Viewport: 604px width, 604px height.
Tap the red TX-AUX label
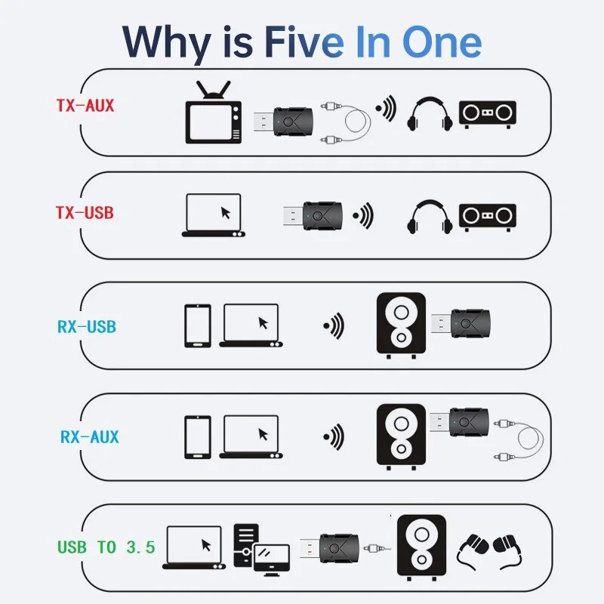click(x=85, y=105)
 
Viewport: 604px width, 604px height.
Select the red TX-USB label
click(x=85, y=212)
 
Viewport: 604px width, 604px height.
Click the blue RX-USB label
click(x=86, y=328)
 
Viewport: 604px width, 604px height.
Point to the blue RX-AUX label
click(x=89, y=436)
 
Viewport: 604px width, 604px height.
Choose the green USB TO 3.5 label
click(x=106, y=546)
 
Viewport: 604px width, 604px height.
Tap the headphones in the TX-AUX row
click(x=430, y=115)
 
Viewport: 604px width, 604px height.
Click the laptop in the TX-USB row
click(x=212, y=216)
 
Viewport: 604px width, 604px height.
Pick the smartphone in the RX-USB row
click(x=198, y=325)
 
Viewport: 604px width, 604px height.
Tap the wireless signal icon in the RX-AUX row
click(x=333, y=436)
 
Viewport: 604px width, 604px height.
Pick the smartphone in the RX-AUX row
click(x=198, y=436)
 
